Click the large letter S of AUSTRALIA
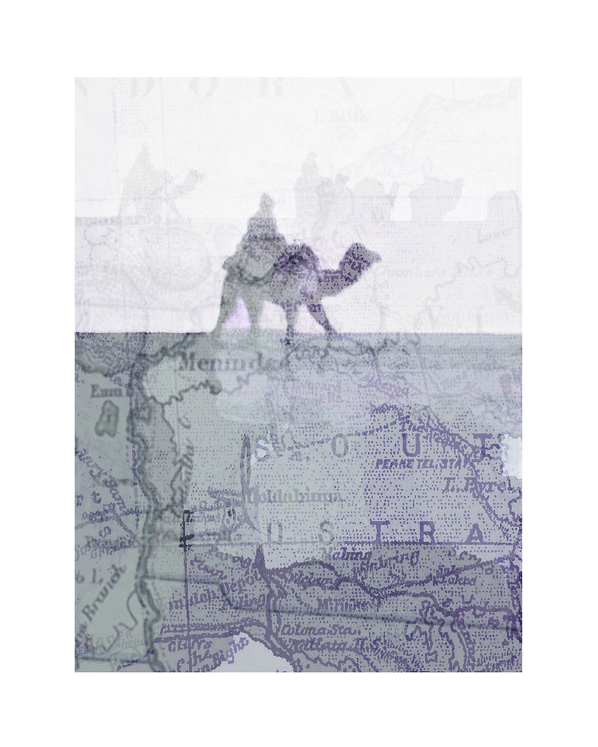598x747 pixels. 328,535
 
